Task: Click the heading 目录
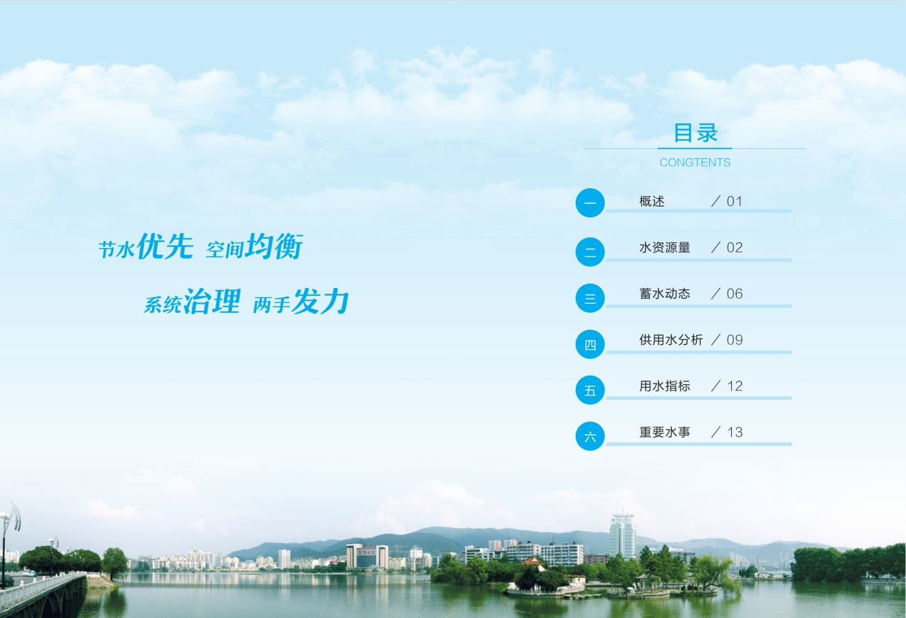point(696,133)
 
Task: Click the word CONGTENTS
point(695,163)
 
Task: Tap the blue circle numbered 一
point(590,203)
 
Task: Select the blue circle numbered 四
point(590,344)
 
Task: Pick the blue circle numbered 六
point(590,436)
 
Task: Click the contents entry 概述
point(651,201)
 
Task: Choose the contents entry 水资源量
point(665,247)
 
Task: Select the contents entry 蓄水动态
point(665,294)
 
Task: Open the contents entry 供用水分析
point(671,340)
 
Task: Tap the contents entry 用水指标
point(665,386)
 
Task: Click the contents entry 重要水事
point(665,432)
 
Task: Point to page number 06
point(735,294)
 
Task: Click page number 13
point(735,433)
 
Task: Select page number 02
point(735,248)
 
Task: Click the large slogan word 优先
point(165,246)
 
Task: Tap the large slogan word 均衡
point(274,246)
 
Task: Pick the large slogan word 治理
point(212,301)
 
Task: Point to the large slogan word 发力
point(320,301)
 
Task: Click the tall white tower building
point(622,535)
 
